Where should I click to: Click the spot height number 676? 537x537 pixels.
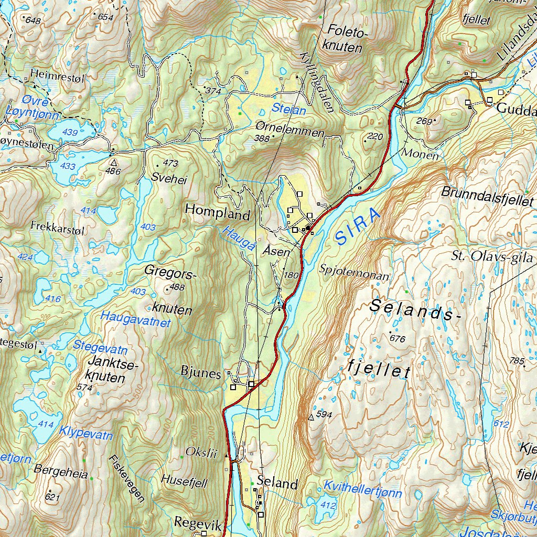tap(398, 339)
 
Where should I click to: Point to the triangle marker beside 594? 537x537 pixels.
tap(311, 417)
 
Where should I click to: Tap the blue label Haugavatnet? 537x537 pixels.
tap(136, 319)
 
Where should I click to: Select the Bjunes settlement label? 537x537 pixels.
tap(200, 373)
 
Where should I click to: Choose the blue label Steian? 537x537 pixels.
tap(288, 110)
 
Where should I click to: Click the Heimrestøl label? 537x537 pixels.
tap(57, 75)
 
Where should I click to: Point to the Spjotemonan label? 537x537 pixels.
tap(354, 274)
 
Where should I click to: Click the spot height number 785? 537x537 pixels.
tap(517, 361)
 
